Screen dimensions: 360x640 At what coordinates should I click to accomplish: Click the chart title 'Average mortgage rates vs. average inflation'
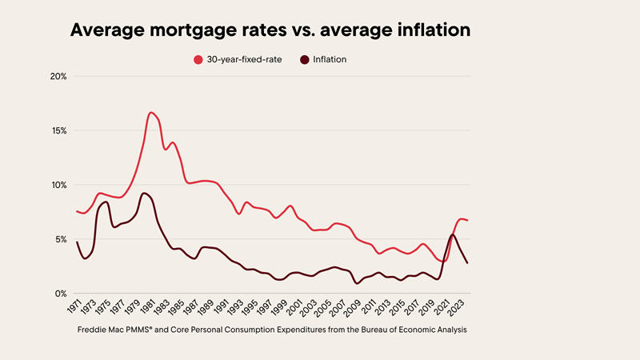coord(270,30)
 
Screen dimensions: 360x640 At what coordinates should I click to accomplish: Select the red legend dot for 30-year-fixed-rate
coord(198,59)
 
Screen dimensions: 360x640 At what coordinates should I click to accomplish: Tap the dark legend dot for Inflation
coord(304,59)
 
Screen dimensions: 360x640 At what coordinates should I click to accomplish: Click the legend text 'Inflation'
coord(330,59)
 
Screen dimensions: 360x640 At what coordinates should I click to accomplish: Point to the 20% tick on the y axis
coord(58,77)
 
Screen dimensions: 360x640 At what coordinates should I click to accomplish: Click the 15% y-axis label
coord(58,130)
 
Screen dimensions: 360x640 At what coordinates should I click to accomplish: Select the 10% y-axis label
coord(58,185)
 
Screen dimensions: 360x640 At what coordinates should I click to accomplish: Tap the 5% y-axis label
coord(59,239)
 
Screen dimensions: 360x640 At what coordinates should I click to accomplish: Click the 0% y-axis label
coord(59,294)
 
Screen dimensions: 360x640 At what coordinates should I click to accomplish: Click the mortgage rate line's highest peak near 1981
coord(151,112)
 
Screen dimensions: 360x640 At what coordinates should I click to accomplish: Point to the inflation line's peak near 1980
coord(143,193)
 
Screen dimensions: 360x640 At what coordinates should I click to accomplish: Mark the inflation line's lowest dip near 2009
coord(358,283)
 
